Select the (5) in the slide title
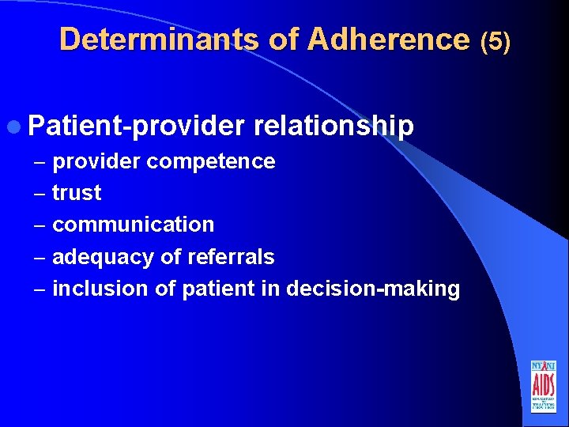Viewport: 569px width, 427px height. point(496,40)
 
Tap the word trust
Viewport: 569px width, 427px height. point(77,193)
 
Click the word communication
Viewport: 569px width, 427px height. point(133,225)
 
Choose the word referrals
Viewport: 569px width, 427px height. point(231,257)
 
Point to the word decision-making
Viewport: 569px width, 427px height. point(372,289)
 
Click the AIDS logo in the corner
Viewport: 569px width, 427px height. point(543,386)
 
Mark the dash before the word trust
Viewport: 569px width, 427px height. point(40,194)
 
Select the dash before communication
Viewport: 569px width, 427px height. point(40,225)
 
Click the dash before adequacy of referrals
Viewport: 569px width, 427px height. point(40,258)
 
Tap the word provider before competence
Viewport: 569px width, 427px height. point(96,161)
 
